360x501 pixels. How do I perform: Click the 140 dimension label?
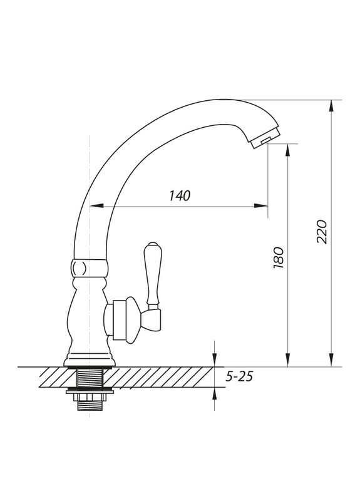tap(180, 195)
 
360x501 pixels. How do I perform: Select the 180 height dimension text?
tap(279, 258)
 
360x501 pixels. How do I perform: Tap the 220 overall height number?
tap(322, 232)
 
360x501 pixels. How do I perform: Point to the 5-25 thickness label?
tap(239, 376)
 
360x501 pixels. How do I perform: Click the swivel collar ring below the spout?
tap(90, 268)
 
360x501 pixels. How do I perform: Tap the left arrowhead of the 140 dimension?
tap(96, 206)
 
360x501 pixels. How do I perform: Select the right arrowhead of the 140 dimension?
tap(260, 206)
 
